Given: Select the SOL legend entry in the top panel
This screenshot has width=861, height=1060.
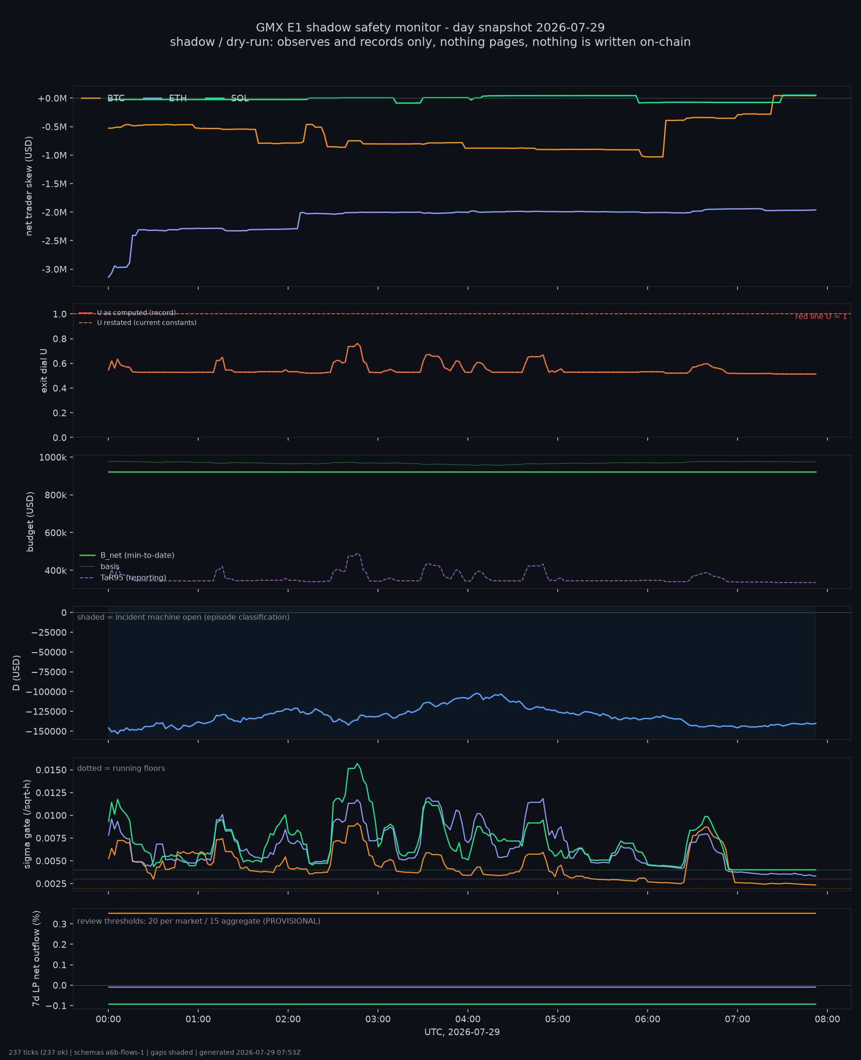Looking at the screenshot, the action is tap(227, 98).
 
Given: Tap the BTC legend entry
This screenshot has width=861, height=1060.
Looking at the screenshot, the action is tap(103, 98).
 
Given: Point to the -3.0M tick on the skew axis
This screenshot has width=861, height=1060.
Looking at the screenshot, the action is tap(54, 269).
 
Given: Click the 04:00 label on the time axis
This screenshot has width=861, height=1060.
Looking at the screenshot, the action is tap(468, 1019).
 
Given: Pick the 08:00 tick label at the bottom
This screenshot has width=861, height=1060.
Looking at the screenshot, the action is tap(827, 1019).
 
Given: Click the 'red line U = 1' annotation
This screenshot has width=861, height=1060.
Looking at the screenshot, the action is tap(821, 317).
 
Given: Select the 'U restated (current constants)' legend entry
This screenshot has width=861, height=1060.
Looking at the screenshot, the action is tap(138, 323).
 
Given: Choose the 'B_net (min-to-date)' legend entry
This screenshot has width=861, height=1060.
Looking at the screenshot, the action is tap(127, 555).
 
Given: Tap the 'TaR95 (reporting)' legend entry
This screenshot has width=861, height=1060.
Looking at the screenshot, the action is tap(123, 578).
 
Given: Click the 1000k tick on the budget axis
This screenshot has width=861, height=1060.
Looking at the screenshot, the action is tap(53, 457).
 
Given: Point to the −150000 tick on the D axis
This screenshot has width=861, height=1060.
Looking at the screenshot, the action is tap(49, 731).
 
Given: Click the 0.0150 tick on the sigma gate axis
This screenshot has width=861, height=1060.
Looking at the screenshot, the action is tap(52, 770).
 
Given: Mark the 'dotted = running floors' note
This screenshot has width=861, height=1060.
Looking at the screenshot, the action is tap(121, 768).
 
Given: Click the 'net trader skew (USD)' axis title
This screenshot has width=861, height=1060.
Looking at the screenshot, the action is tap(29, 186).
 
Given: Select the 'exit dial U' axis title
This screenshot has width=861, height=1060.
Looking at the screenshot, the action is tap(44, 371).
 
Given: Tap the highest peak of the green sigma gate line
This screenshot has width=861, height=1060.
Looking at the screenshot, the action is tap(357, 764).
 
